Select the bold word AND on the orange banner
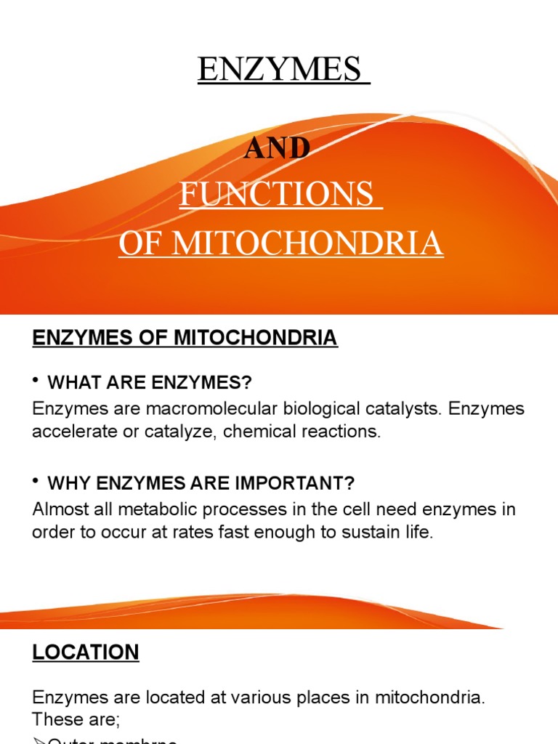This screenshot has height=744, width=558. point(277,148)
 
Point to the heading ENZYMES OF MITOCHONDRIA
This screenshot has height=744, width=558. point(185,338)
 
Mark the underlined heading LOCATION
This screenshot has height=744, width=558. point(85,652)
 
